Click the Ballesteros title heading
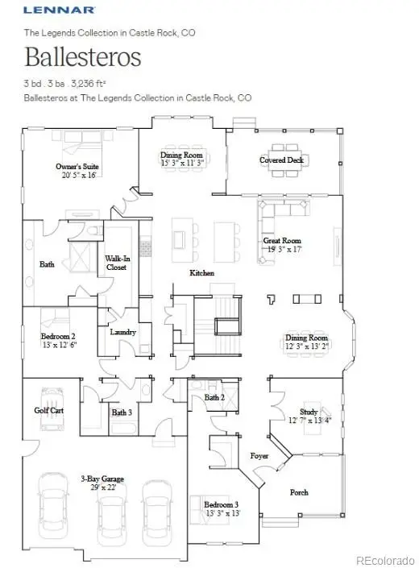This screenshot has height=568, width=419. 82,58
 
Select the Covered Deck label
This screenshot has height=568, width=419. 281,160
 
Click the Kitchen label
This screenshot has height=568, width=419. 201,273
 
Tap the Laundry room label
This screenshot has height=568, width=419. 122,332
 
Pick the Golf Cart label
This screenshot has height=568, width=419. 49,411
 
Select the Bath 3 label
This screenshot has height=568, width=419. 122,413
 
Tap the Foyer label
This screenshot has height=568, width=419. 259,455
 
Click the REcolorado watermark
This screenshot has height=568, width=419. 384,558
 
